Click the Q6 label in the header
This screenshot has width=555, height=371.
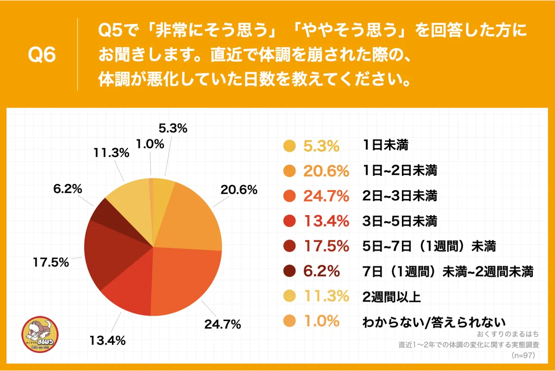coord(42,55)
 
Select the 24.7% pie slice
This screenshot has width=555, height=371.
coord(184,279)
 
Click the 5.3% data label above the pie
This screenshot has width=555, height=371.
coord(173,129)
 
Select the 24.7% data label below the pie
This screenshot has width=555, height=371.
coord(223,324)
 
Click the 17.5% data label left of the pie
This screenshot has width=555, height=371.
coord(50,263)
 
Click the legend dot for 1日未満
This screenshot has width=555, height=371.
coord(289,146)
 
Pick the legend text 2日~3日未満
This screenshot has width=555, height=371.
coord(399,196)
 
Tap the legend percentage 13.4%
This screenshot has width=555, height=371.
coord(326,221)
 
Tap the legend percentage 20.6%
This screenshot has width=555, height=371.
coord(326,171)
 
